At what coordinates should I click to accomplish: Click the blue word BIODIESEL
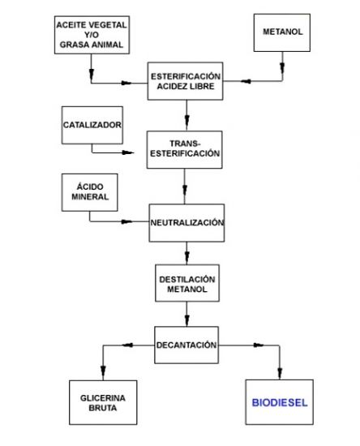click(280, 402)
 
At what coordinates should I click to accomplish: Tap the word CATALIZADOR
click(92, 125)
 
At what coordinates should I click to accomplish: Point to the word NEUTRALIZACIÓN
click(186, 222)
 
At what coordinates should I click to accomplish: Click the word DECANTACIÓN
click(186, 345)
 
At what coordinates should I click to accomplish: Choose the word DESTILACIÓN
click(187, 279)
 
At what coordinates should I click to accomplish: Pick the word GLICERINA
click(103, 398)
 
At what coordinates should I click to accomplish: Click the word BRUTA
click(103, 408)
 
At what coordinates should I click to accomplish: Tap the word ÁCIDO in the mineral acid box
click(90, 187)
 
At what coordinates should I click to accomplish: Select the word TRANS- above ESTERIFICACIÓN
click(185, 144)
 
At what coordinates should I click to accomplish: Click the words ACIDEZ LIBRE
click(186, 86)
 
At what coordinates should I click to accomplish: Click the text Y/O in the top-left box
click(92, 35)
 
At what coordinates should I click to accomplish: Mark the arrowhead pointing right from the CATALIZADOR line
click(128, 152)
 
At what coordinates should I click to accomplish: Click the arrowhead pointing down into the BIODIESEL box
click(280, 373)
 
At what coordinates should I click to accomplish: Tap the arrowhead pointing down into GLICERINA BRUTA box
click(103, 372)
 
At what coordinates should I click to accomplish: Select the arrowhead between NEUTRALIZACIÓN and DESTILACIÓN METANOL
click(186, 257)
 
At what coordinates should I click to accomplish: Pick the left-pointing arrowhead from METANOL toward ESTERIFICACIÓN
click(246, 81)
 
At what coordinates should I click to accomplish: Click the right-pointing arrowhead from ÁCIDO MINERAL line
click(126, 221)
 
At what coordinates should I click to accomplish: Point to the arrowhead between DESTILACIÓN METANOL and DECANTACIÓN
click(186, 319)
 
